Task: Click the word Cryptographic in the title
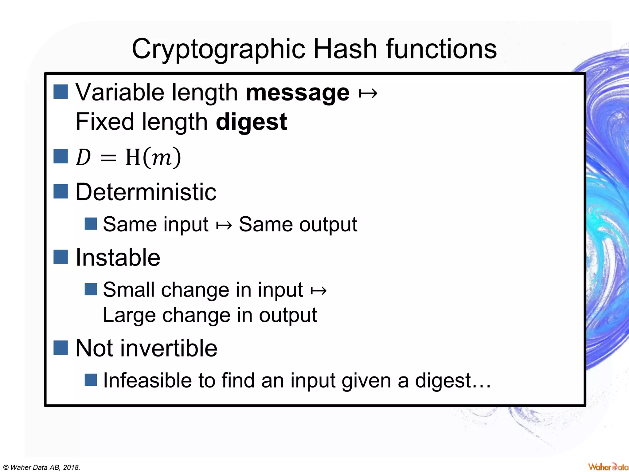218,49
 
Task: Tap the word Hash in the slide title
345,49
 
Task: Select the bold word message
298,92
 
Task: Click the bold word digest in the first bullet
251,122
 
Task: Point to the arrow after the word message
368,93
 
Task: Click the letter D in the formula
83,157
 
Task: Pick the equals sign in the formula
108,158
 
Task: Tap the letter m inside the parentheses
161,158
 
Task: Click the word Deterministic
146,192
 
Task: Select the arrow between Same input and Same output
224,225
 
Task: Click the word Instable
118,258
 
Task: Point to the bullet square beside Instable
61,257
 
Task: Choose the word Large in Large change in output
129,315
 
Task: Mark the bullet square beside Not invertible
61,348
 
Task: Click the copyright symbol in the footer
6,467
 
